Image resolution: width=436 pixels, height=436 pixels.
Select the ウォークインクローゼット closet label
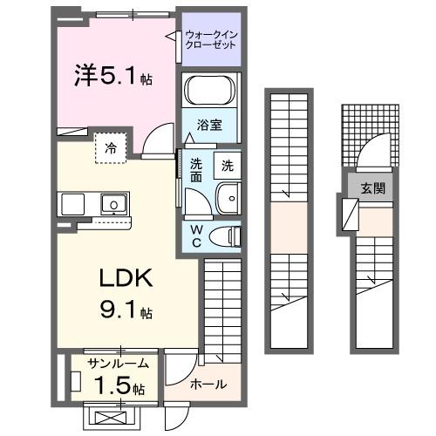click(x=210, y=39)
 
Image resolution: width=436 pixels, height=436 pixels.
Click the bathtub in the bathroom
click(x=209, y=91)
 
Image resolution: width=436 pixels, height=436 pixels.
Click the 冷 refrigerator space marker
click(x=111, y=147)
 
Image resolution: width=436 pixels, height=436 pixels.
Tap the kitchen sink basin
click(x=112, y=204)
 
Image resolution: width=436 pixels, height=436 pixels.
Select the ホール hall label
click(x=208, y=384)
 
